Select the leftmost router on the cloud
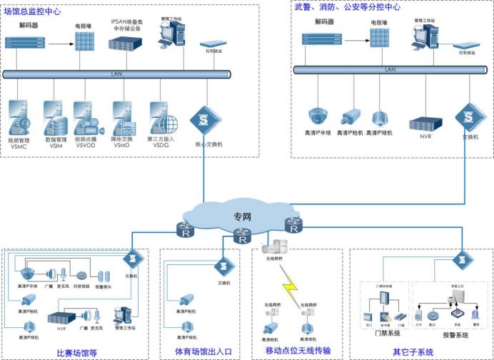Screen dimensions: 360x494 (x=186, y=230)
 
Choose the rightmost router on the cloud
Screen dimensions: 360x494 (x=293, y=224)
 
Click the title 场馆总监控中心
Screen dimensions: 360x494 (x=32, y=10)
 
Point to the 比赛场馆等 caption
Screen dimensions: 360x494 (x=76, y=351)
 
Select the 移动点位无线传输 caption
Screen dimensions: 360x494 (x=298, y=351)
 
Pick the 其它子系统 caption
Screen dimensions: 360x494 (x=413, y=351)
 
